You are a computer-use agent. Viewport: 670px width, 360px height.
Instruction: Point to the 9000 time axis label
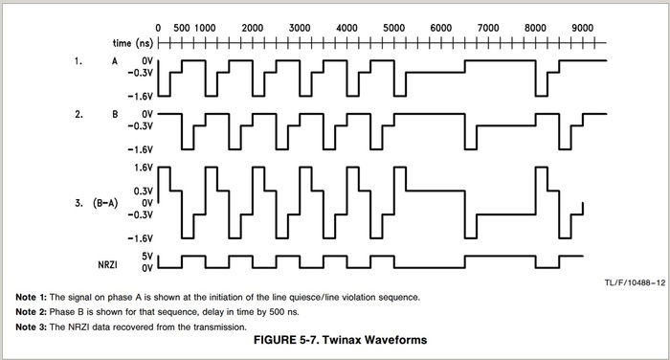pyautogui.click(x=582, y=28)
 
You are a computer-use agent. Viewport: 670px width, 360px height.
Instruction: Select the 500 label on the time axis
pyautogui.click(x=182, y=28)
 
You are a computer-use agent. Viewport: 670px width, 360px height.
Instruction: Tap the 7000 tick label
pyautogui.click(x=488, y=28)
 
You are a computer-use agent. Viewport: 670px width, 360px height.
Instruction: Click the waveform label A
pyautogui.click(x=116, y=61)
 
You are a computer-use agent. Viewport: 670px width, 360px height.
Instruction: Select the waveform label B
pyautogui.click(x=116, y=114)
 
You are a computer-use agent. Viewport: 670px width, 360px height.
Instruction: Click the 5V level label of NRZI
pyautogui.click(x=146, y=256)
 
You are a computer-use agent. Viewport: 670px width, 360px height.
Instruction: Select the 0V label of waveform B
pyautogui.click(x=146, y=114)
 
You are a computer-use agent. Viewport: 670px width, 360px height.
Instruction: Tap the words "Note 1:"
pyautogui.click(x=32, y=297)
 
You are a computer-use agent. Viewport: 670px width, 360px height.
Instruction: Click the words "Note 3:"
pyautogui.click(x=32, y=328)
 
